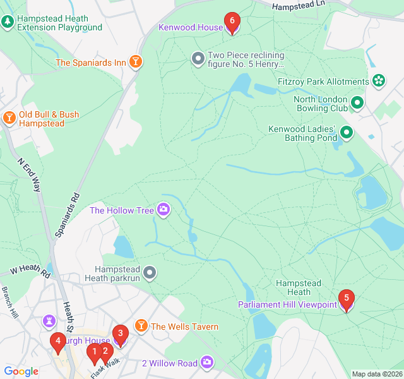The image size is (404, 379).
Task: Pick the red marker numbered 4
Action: tap(58, 343)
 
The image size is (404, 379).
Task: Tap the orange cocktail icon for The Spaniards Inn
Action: tap(135, 62)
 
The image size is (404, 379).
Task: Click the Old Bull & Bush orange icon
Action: tap(9, 118)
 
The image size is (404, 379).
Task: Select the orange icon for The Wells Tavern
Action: tap(141, 326)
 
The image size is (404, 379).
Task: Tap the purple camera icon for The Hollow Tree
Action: tap(163, 210)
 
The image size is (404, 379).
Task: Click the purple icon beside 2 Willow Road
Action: tap(207, 363)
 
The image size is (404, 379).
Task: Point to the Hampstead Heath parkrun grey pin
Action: tap(149, 273)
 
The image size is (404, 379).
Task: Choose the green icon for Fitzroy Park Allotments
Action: tap(378, 81)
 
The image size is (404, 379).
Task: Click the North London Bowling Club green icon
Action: tap(357, 102)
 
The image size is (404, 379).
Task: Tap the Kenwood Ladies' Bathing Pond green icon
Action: tap(347, 133)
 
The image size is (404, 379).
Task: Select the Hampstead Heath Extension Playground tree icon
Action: tap(8, 22)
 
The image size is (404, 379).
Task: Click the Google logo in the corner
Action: tap(21, 371)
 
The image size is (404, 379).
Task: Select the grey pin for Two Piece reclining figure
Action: tap(198, 59)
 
